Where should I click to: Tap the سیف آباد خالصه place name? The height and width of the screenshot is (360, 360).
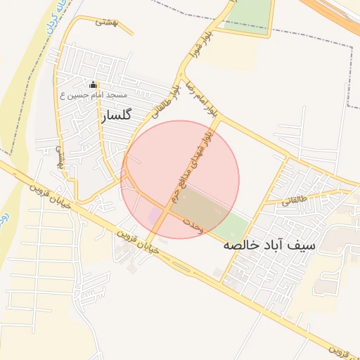click(x=269, y=245)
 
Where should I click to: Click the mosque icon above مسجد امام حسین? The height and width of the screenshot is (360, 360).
click(x=93, y=84)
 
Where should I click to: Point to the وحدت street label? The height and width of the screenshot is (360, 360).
click(x=192, y=224)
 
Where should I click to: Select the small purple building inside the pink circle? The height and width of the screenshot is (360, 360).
click(x=153, y=214)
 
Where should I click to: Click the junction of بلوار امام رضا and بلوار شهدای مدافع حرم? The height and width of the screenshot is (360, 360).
click(x=217, y=119)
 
